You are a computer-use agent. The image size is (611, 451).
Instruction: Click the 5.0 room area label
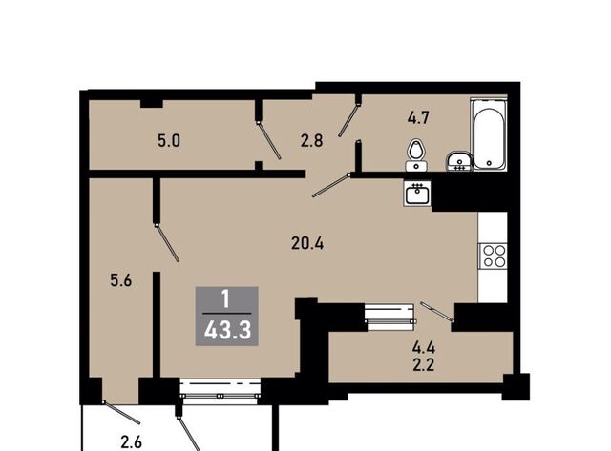coord(169,141)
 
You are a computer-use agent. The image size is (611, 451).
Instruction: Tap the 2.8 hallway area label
coord(312,140)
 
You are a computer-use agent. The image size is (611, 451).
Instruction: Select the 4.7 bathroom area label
coord(418,117)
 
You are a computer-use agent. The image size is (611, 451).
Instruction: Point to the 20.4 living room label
coord(307,243)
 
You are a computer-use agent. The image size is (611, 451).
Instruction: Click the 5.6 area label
coord(121,280)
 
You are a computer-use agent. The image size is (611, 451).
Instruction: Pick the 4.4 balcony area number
coord(424,347)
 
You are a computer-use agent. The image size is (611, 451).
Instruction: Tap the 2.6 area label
coord(132,442)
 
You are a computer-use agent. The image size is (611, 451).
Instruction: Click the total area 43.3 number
coord(227,332)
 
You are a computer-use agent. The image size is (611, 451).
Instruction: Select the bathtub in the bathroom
coord(489,134)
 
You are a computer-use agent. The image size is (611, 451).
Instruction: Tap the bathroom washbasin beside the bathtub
coord(459,161)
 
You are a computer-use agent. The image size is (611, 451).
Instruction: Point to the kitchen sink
coord(417,193)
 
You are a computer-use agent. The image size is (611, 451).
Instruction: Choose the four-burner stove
coord(493,256)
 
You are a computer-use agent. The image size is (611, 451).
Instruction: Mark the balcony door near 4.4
coord(437,311)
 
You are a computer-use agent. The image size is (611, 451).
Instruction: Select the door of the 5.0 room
coord(269,140)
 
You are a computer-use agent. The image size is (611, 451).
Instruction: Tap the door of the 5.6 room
coord(167,243)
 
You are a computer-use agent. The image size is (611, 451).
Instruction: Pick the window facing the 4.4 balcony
coord(390,318)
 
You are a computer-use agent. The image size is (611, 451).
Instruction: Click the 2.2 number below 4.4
coord(424,365)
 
